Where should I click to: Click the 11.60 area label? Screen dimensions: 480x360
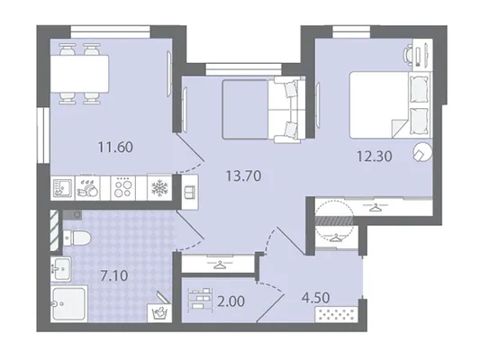pyautogui.click(x=115, y=147)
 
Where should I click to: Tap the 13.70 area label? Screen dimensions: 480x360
pyautogui.click(x=243, y=175)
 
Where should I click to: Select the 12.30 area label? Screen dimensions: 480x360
pyautogui.click(x=375, y=157)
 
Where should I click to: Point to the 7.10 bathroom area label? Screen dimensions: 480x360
pyautogui.click(x=114, y=276)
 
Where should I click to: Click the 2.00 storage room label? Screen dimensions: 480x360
pyautogui.click(x=231, y=301)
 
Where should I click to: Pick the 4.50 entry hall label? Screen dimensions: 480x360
pyautogui.click(x=315, y=298)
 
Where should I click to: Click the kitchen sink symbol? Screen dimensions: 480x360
pyautogui.click(x=62, y=187)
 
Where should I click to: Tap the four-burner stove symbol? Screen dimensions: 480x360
pyautogui.click(x=123, y=187)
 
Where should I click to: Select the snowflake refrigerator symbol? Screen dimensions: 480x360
pyautogui.click(x=159, y=187)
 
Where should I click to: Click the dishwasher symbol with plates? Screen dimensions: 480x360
pyautogui.click(x=87, y=187)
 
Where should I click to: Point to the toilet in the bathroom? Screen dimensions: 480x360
pyautogui.click(x=77, y=238)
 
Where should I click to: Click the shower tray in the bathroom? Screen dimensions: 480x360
pyautogui.click(x=69, y=303)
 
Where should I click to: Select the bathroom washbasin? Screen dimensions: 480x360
pyautogui.click(x=61, y=268)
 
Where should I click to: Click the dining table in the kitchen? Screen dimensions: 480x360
pyautogui.click(x=79, y=74)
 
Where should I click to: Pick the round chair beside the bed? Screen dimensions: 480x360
pyautogui.click(x=422, y=152)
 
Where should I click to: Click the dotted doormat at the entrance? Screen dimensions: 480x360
pyautogui.click(x=337, y=314)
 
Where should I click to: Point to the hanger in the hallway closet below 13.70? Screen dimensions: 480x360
pyautogui.click(x=219, y=265)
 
